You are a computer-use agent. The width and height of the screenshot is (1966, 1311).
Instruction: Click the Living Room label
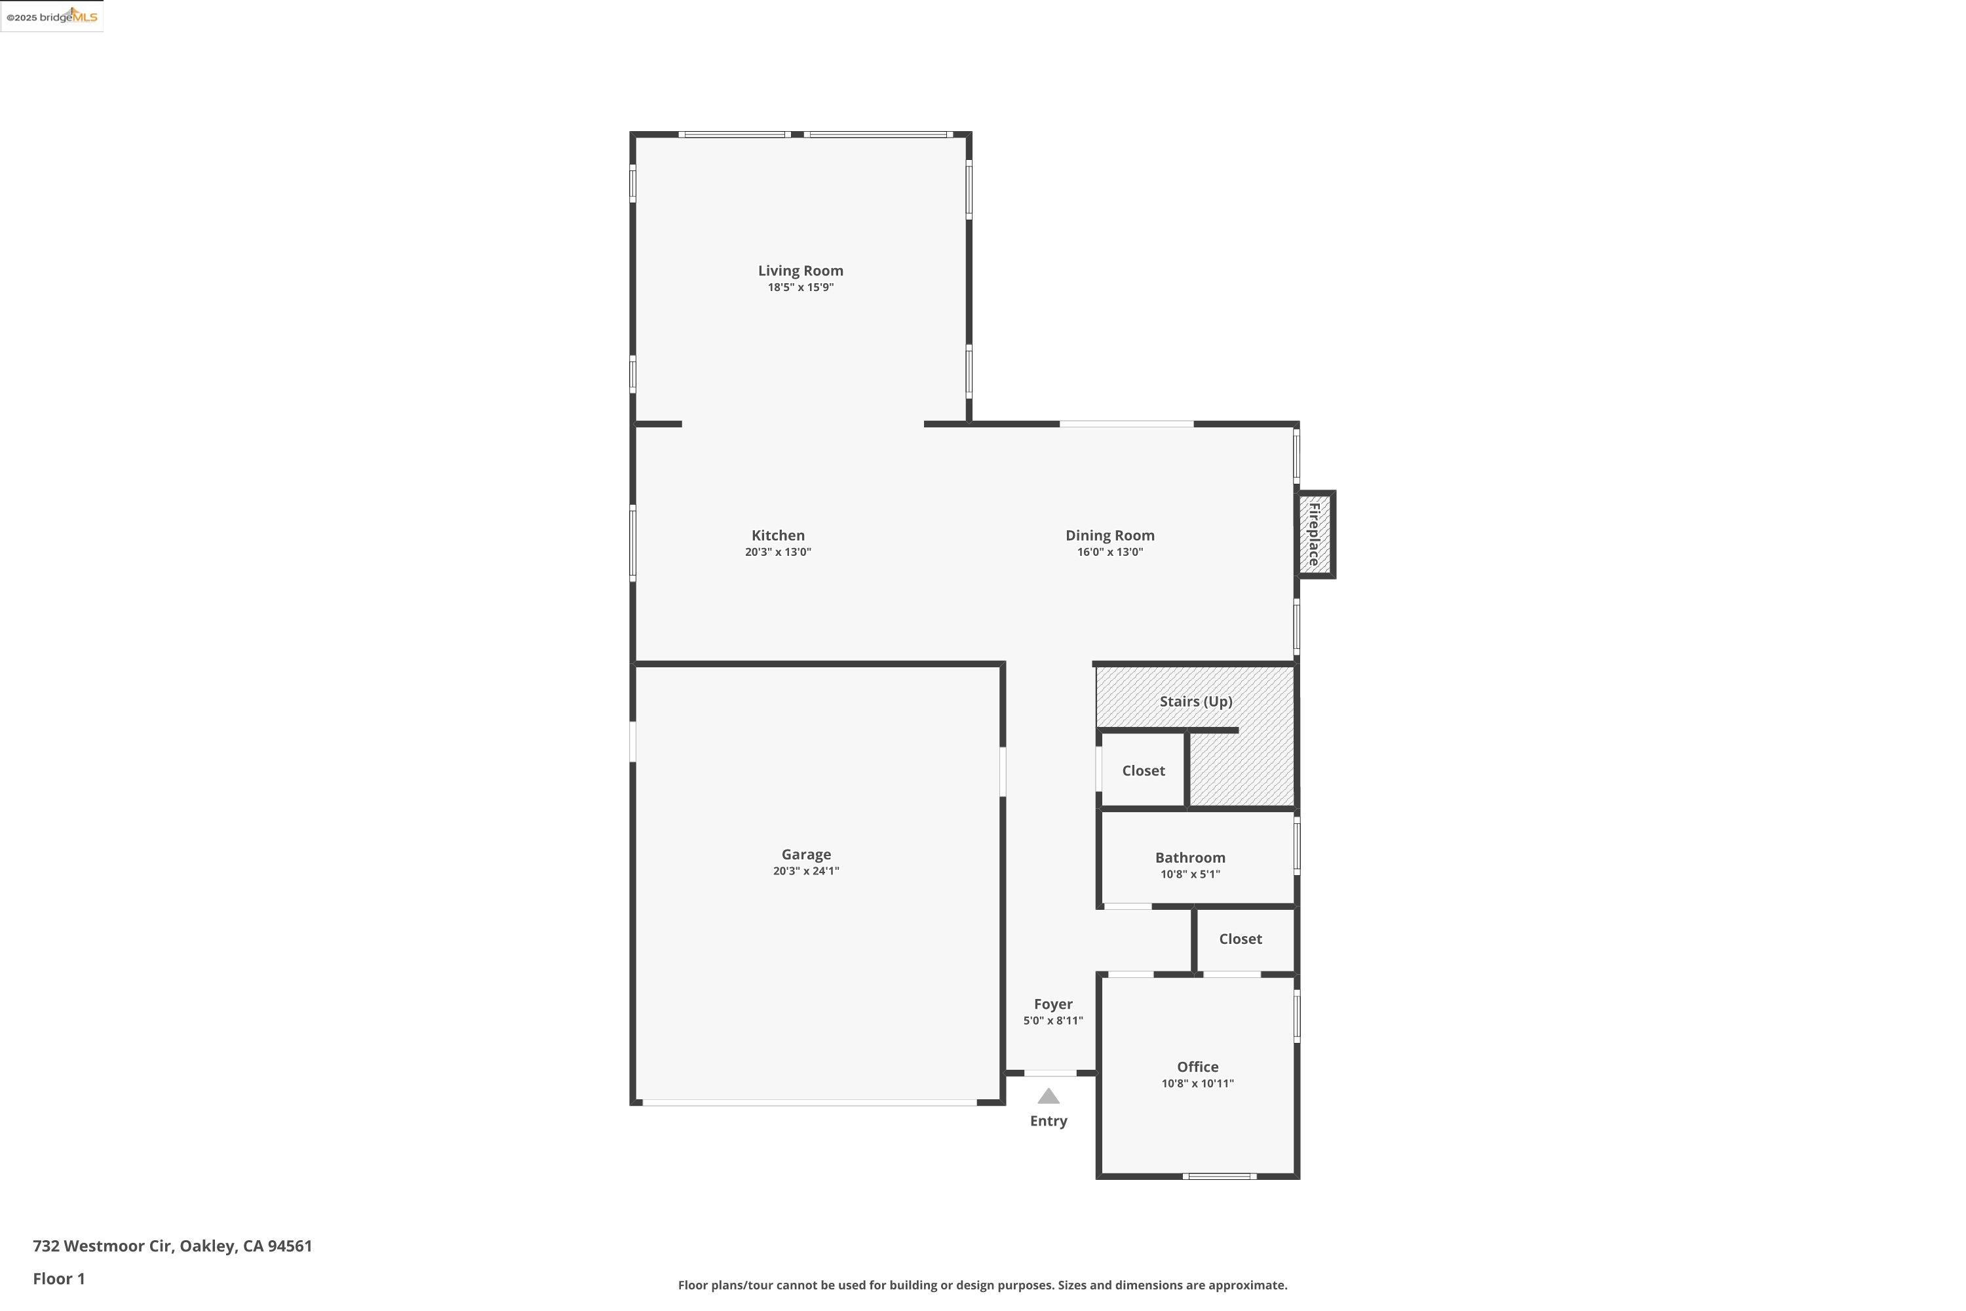800,271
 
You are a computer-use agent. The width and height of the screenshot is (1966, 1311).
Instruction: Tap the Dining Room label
1109,535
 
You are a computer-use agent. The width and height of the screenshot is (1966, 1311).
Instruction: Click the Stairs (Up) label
1195,701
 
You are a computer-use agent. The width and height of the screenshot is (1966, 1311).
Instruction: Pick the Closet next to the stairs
1143,771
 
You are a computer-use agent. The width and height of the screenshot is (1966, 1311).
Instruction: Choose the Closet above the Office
1240,939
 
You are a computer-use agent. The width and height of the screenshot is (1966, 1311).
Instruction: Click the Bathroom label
1189,858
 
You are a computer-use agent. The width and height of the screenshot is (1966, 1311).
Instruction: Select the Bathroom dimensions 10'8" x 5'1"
1189,874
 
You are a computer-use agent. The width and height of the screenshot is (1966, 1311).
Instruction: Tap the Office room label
1197,1067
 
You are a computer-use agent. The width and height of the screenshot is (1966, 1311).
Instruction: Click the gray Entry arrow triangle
1048,1096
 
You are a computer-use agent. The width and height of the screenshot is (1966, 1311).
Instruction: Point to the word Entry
1048,1121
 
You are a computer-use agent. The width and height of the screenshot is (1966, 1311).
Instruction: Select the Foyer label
1052,1004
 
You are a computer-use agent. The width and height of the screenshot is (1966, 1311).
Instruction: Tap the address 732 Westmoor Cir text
172,1246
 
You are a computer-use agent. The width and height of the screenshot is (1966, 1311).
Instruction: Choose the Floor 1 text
58,1278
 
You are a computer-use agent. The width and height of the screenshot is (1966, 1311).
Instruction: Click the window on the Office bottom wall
1219,1177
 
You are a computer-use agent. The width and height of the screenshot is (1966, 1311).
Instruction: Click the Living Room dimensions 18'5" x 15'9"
800,288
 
